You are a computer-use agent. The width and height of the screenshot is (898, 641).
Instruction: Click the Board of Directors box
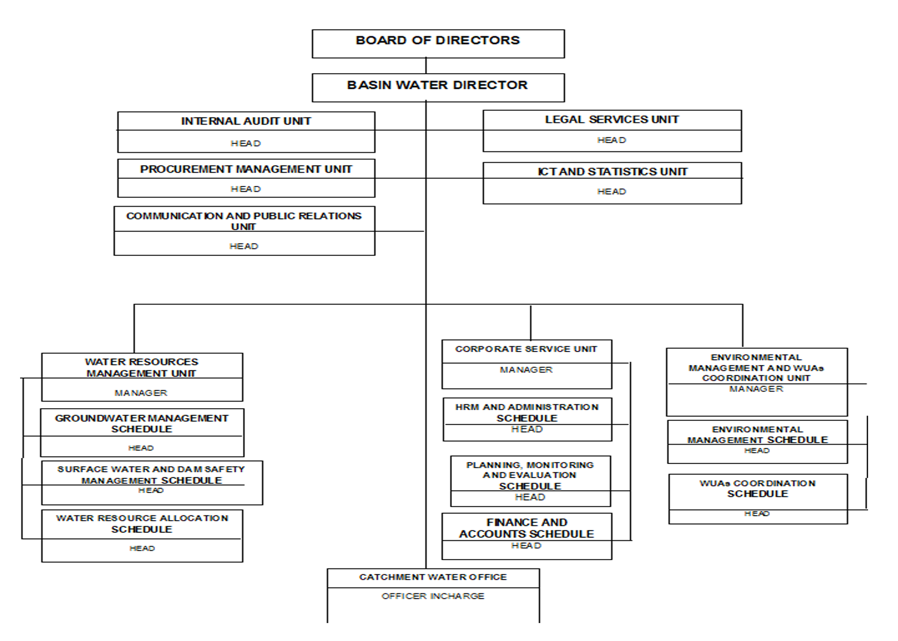pyautogui.click(x=438, y=43)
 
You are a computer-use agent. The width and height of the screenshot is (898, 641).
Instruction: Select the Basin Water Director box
pyautogui.click(x=438, y=87)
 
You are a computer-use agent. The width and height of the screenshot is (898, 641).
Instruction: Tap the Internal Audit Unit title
pyautogui.click(x=246, y=121)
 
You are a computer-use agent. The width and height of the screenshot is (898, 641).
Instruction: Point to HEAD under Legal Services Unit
pyautogui.click(x=611, y=140)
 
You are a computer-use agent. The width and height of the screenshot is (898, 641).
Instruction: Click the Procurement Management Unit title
pyautogui.click(x=246, y=169)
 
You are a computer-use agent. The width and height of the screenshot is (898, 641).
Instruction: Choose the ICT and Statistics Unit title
pyautogui.click(x=612, y=171)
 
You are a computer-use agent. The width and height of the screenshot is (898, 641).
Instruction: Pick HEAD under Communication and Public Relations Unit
pyautogui.click(x=244, y=246)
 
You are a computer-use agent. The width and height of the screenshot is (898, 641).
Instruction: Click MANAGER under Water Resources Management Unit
pyautogui.click(x=141, y=393)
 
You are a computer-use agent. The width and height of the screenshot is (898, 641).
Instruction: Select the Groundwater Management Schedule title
pyautogui.click(x=142, y=423)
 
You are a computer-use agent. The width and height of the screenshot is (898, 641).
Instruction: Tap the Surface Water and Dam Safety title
pyautogui.click(x=151, y=474)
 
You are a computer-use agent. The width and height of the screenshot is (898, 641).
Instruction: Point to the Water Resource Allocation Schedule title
pyautogui.click(x=142, y=523)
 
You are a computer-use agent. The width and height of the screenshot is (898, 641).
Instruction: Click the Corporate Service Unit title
pyautogui.click(x=526, y=349)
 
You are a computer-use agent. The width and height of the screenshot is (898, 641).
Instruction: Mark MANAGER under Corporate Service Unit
pyautogui.click(x=526, y=370)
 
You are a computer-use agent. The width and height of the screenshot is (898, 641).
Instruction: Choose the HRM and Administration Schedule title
pyautogui.click(x=527, y=412)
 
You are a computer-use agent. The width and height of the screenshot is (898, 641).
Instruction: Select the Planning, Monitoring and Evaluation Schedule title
pyautogui.click(x=530, y=475)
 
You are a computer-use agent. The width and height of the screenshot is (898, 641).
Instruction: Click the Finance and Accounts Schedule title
pyautogui.click(x=527, y=528)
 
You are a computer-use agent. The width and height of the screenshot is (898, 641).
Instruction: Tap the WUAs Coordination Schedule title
pyautogui.click(x=757, y=488)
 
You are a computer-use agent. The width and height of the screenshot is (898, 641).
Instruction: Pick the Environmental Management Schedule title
pyautogui.click(x=757, y=435)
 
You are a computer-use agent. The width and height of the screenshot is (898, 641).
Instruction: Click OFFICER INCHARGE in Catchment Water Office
pyautogui.click(x=433, y=596)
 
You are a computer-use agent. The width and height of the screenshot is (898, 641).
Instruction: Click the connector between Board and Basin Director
pyautogui.click(x=426, y=66)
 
